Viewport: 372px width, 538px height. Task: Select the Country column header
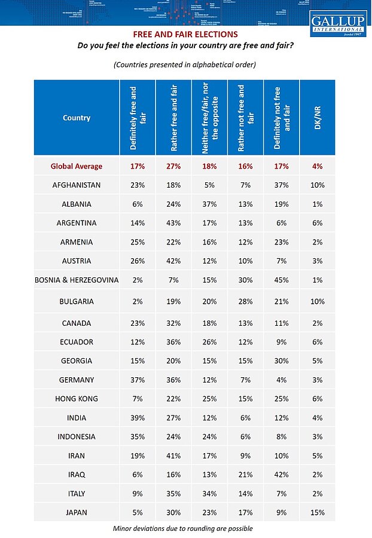click(x=76, y=118)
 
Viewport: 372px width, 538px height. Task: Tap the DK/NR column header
click(x=317, y=118)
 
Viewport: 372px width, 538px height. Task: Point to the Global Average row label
click(x=76, y=166)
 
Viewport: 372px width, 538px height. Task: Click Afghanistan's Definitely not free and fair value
click(x=281, y=185)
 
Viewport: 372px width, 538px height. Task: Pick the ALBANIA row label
click(x=76, y=204)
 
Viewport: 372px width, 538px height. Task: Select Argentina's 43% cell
click(x=173, y=223)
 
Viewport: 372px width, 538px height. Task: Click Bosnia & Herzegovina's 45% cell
click(x=281, y=280)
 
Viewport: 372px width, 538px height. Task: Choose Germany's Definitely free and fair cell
click(x=138, y=380)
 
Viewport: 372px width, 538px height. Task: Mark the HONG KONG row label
click(x=76, y=399)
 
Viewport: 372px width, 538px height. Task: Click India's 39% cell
click(x=138, y=418)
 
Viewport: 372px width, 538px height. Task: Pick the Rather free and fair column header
click(x=173, y=118)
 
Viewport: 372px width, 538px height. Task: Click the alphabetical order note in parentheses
click(x=184, y=65)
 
